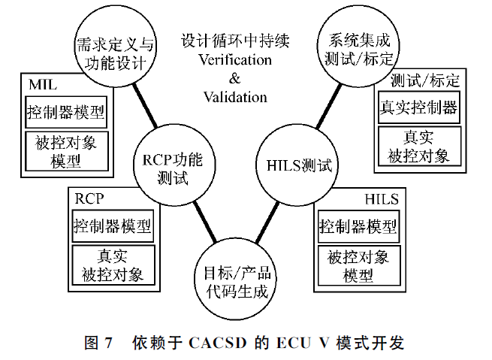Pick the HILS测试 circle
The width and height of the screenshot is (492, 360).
tap(299, 164)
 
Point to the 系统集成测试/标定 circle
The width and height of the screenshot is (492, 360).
tap(357, 44)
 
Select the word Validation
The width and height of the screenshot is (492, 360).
tap(235, 97)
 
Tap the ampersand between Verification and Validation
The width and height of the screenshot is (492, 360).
tap(235, 78)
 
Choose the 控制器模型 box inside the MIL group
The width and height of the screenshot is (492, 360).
tap(65, 113)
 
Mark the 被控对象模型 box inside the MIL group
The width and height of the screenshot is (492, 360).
tap(65, 150)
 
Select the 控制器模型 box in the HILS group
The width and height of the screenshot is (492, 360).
tap(358, 225)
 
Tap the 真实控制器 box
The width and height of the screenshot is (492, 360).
tap(418, 107)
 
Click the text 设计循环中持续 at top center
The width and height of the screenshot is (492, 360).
tap(235, 40)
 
